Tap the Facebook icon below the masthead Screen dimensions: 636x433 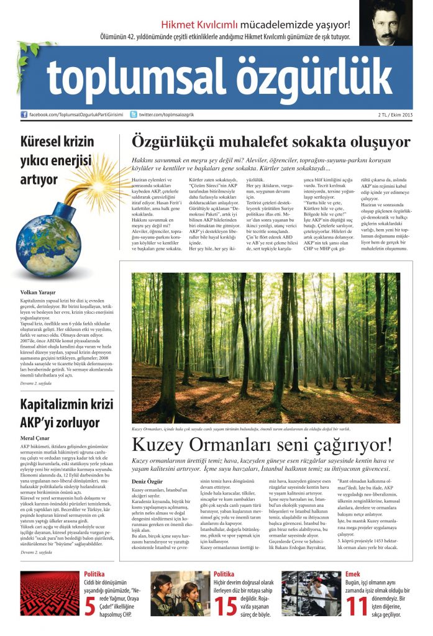click(x=24, y=115)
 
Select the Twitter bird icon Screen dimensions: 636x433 click(x=134, y=115)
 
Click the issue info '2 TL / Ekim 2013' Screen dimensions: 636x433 click(x=412, y=115)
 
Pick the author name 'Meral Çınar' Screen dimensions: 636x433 click(x=35, y=437)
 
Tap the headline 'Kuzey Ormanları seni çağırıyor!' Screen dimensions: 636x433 click(x=262, y=445)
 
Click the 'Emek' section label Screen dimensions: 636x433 click(x=352, y=574)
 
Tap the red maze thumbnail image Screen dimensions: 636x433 click(x=50, y=593)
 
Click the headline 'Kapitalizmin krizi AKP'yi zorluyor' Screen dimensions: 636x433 click(x=60, y=414)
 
